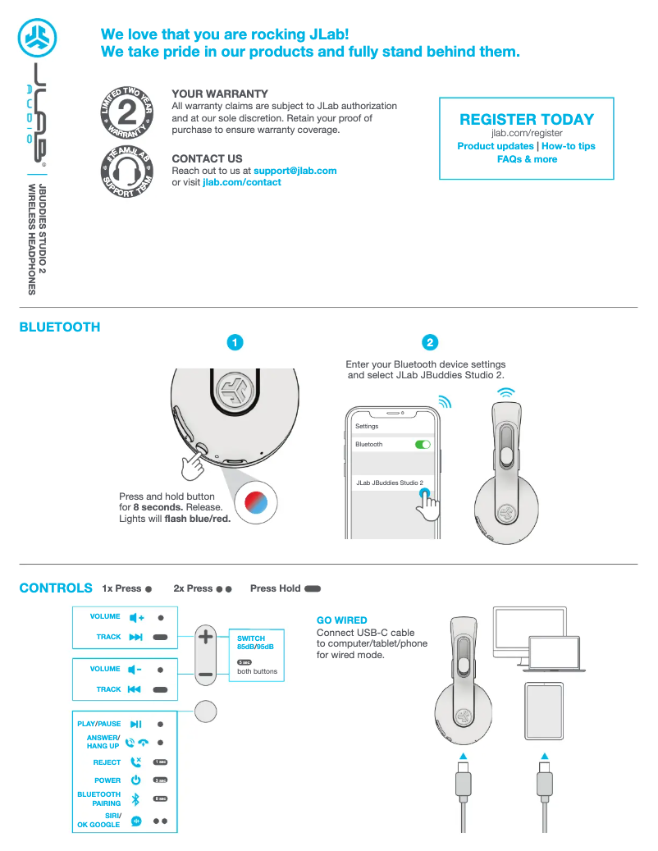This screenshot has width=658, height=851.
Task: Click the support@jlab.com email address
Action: coord(295,171)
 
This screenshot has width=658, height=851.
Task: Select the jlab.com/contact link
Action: coord(241,182)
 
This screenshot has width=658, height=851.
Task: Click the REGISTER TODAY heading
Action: coord(526,119)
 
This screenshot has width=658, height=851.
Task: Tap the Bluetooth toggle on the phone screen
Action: coord(423,444)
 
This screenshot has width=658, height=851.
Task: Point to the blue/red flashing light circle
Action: coord(257,501)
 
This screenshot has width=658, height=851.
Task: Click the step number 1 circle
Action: coord(235,342)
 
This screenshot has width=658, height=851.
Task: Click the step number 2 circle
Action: coord(430,342)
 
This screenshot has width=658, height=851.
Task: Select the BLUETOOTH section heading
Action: coord(60,327)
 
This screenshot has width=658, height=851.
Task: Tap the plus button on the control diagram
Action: coord(206,638)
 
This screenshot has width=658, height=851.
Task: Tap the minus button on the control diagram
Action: coord(206,674)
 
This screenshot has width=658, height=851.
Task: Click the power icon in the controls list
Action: coord(136,780)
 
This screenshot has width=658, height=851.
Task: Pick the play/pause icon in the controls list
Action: coord(136,724)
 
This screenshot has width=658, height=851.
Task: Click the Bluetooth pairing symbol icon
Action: coord(136,799)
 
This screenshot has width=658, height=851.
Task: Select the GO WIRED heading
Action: coord(341,620)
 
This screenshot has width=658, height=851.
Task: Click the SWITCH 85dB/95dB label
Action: coord(255,643)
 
